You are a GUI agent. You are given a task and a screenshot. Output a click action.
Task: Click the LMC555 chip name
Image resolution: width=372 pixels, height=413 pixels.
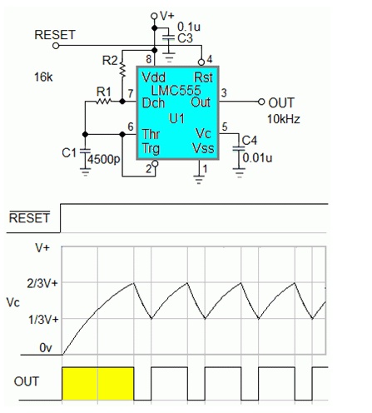pyautogui.click(x=176, y=90)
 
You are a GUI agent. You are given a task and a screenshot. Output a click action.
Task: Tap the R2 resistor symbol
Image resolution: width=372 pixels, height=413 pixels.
pyautogui.click(x=122, y=70)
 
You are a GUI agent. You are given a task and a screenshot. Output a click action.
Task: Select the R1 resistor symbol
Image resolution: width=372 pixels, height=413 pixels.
pyautogui.click(x=104, y=102)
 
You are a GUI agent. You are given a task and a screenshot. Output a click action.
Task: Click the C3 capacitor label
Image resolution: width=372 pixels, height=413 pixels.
pyautogui.click(x=185, y=38)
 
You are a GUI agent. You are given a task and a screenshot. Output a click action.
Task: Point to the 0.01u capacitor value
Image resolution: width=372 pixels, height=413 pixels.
pyautogui.click(x=257, y=157)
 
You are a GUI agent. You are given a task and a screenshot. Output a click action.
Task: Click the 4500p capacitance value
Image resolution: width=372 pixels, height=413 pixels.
pyautogui.click(x=104, y=159)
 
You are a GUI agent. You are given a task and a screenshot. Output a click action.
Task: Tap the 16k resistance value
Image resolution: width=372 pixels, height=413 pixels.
pyautogui.click(x=43, y=77)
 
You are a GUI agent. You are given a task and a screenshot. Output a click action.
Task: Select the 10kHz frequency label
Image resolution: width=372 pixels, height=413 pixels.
pyautogui.click(x=284, y=119)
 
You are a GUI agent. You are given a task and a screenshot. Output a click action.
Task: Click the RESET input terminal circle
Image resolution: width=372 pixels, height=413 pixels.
pyautogui.click(x=56, y=46)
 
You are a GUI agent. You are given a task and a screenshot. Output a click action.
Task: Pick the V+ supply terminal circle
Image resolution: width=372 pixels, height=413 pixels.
pyautogui.click(x=154, y=16)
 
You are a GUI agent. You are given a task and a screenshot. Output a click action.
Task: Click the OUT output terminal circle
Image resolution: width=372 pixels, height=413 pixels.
pyautogui.click(x=261, y=102)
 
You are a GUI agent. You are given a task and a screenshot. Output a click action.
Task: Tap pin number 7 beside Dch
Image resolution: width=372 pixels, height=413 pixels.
pyautogui.click(x=131, y=93)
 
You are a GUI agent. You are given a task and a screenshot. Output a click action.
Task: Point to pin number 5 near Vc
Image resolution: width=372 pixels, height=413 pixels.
pyautogui.click(x=225, y=127)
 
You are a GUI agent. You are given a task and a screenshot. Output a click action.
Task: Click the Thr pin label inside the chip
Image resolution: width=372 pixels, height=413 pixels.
pyautogui.click(x=151, y=134)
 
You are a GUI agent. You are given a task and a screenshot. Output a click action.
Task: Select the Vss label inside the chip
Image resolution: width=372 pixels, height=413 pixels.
pyautogui.click(x=203, y=148)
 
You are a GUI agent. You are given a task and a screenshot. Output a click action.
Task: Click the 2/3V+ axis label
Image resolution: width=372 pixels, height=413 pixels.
pyautogui.click(x=42, y=283)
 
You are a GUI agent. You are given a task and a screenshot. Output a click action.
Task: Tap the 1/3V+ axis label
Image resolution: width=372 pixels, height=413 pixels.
pyautogui.click(x=43, y=320)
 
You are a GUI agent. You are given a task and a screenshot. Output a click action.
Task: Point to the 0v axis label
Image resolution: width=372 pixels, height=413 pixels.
pyautogui.click(x=46, y=348)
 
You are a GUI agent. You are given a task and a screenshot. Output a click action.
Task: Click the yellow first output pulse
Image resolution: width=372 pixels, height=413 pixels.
pyautogui.click(x=98, y=384)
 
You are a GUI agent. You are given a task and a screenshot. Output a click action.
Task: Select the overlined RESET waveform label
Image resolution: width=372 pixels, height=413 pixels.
pyautogui.click(x=29, y=217)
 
